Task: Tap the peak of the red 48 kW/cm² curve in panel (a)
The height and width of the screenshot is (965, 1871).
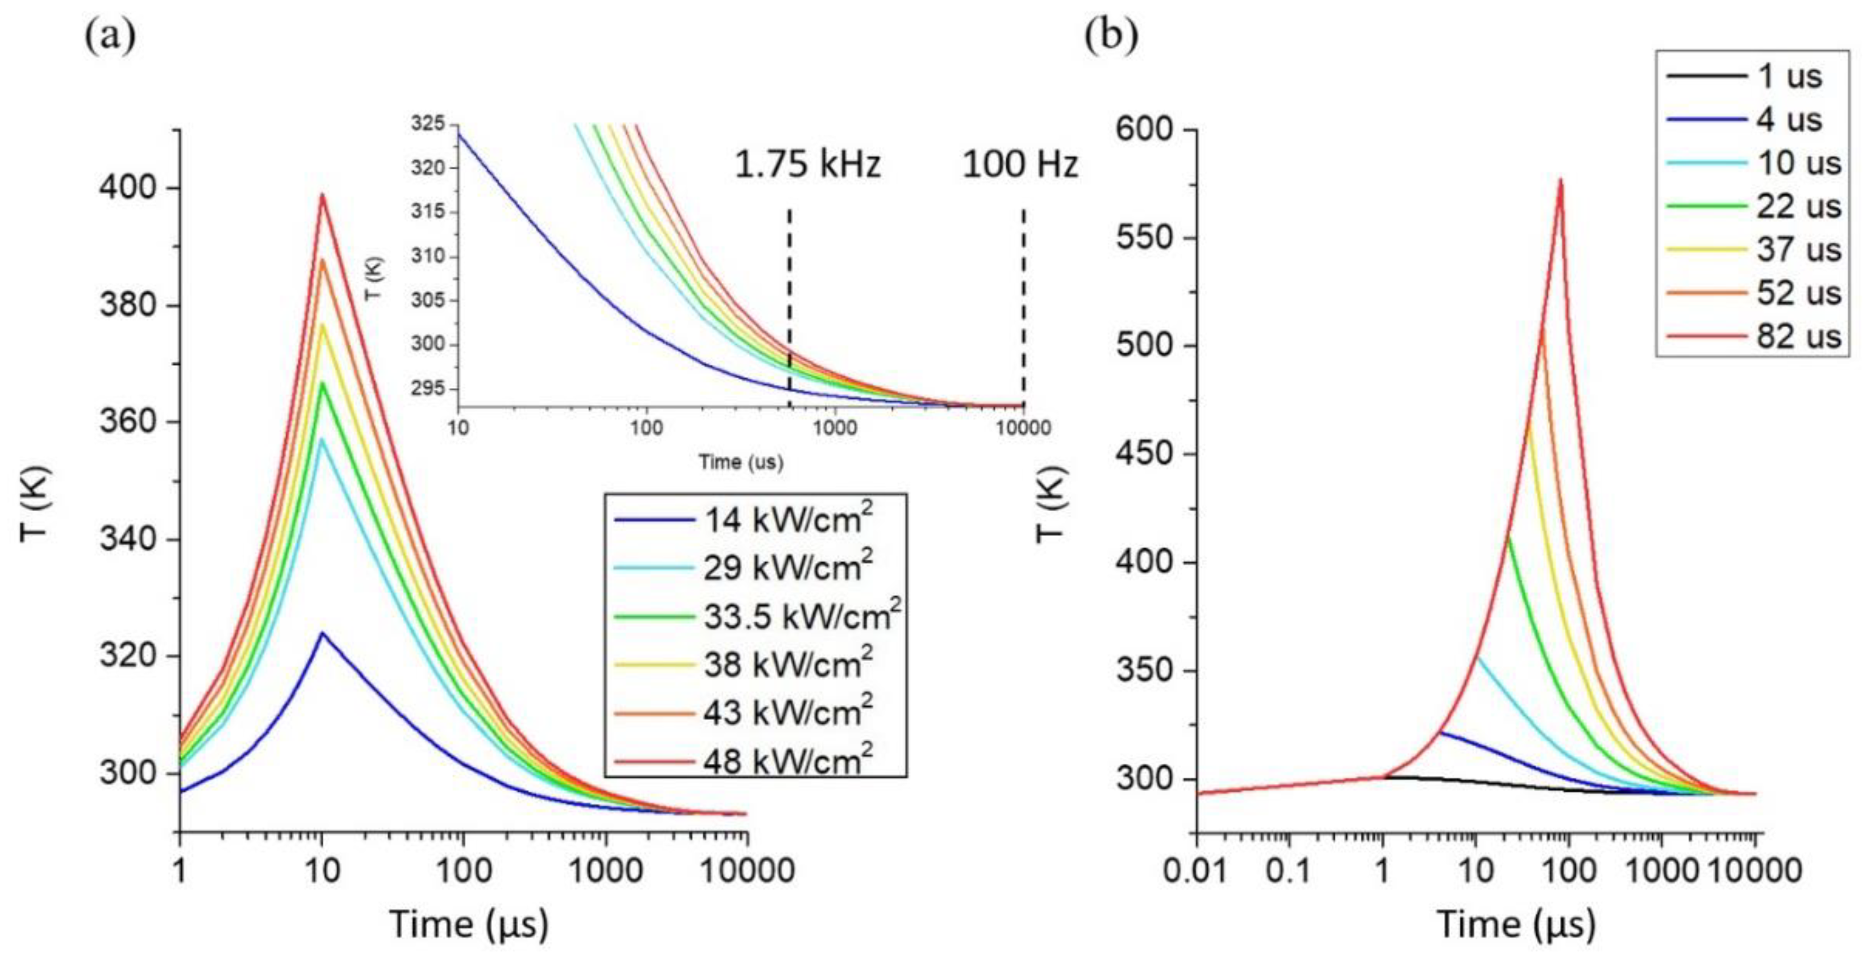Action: tap(322, 195)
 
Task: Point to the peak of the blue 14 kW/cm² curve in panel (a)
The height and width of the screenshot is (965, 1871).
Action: tap(322, 633)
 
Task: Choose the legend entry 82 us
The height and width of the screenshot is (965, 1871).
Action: tap(1798, 336)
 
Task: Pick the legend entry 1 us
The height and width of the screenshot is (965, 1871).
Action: tap(1790, 76)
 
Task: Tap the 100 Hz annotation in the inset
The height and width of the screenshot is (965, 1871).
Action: tap(1020, 165)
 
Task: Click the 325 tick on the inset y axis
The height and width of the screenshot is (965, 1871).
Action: tap(428, 124)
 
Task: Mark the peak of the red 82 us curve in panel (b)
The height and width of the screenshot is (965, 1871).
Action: tap(1560, 180)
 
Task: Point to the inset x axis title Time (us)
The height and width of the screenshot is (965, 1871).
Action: tap(741, 462)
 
